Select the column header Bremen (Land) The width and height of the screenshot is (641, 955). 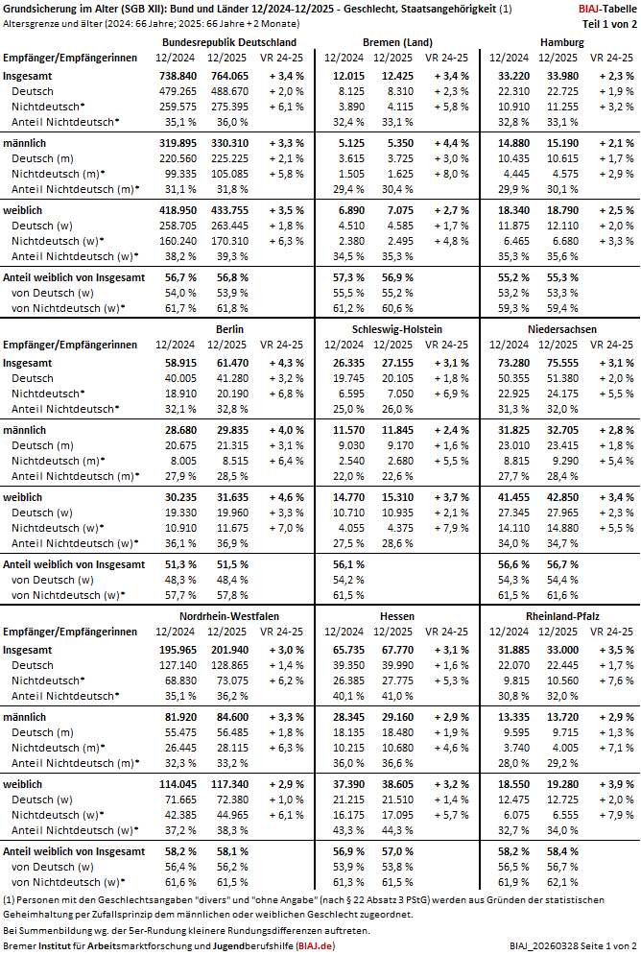397,43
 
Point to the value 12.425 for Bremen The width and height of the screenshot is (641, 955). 396,75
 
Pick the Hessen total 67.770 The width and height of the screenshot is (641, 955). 396,649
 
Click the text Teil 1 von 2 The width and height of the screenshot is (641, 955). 606,22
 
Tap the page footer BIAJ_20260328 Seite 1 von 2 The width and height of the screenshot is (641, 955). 570,945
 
